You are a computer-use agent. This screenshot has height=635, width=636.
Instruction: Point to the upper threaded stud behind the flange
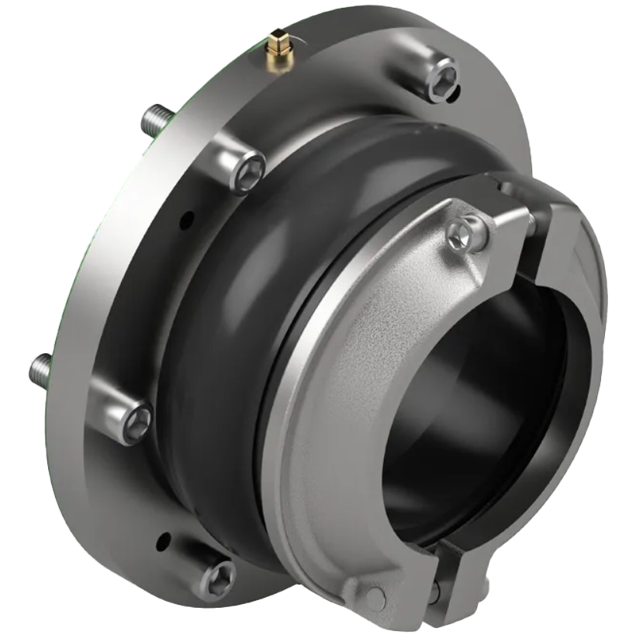tap(154, 120)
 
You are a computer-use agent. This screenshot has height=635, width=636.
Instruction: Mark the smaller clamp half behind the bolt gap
tap(578, 256)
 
